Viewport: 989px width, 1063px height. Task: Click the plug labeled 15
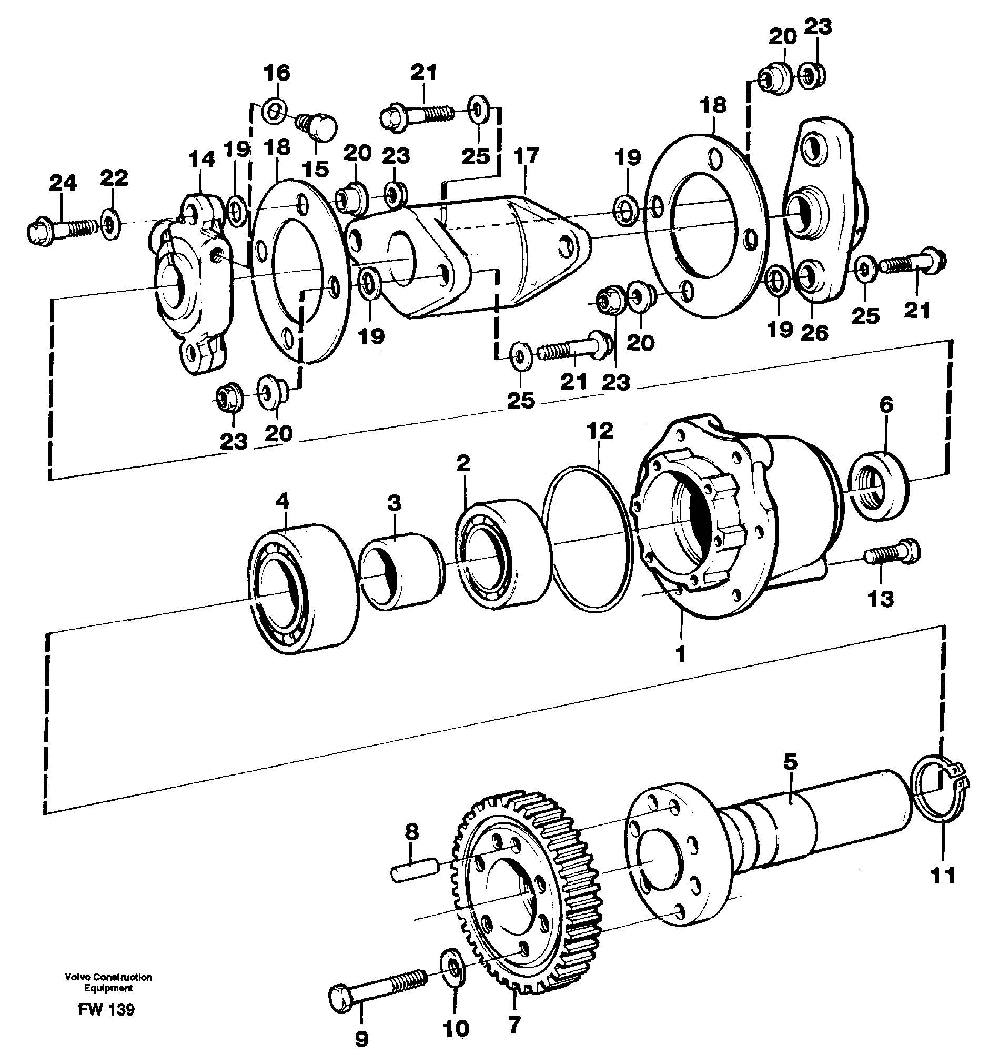pyautogui.click(x=319, y=127)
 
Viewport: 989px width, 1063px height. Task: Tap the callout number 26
pyautogui.click(x=814, y=333)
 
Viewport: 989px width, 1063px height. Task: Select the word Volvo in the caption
pyautogui.click(x=75, y=977)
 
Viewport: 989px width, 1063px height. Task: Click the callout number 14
pyautogui.click(x=201, y=159)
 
